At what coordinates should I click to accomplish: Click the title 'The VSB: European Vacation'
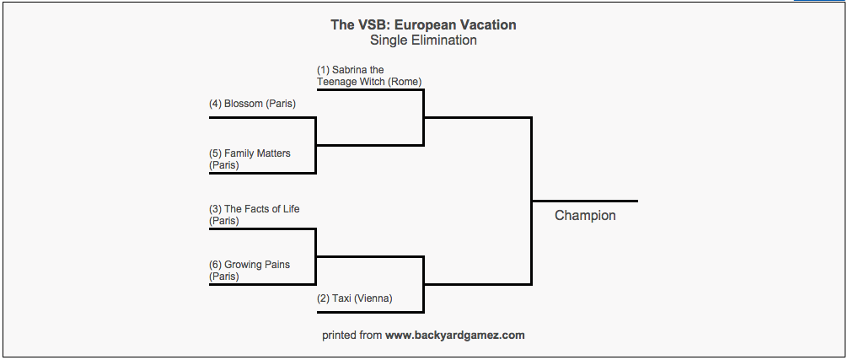(x=423, y=24)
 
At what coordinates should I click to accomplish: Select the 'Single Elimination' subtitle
(x=423, y=40)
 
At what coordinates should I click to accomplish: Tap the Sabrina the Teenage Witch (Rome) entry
(x=368, y=76)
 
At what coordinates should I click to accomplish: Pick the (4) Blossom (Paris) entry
(x=252, y=104)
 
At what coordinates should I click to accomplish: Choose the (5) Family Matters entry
(x=250, y=159)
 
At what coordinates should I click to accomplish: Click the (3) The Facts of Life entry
(x=254, y=215)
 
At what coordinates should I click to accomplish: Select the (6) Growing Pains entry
(x=250, y=271)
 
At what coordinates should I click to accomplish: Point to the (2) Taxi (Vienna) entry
(x=354, y=298)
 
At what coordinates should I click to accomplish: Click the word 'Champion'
(x=585, y=216)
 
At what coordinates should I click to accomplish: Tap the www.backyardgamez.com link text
(x=455, y=336)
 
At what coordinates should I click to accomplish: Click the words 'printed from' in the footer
(x=352, y=336)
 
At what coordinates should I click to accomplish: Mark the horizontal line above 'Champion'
(x=585, y=201)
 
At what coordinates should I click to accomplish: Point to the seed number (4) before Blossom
(x=215, y=104)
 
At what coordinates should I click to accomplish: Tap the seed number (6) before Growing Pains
(x=215, y=265)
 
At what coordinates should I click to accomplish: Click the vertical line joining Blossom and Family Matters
(x=315, y=145)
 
